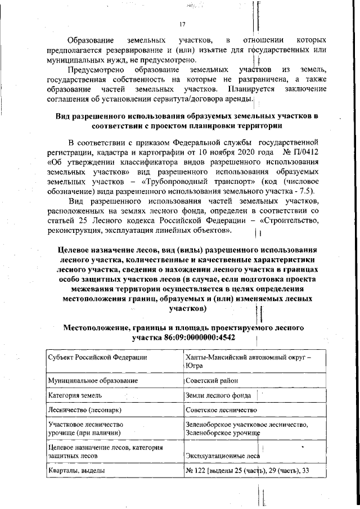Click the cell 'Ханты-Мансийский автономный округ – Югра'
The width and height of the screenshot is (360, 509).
(247, 362)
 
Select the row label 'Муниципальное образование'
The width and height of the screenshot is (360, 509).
(93, 381)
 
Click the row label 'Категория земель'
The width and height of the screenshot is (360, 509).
(75, 395)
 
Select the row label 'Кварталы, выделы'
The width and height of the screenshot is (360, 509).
(78, 471)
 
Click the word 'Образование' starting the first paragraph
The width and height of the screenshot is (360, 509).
(90, 40)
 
